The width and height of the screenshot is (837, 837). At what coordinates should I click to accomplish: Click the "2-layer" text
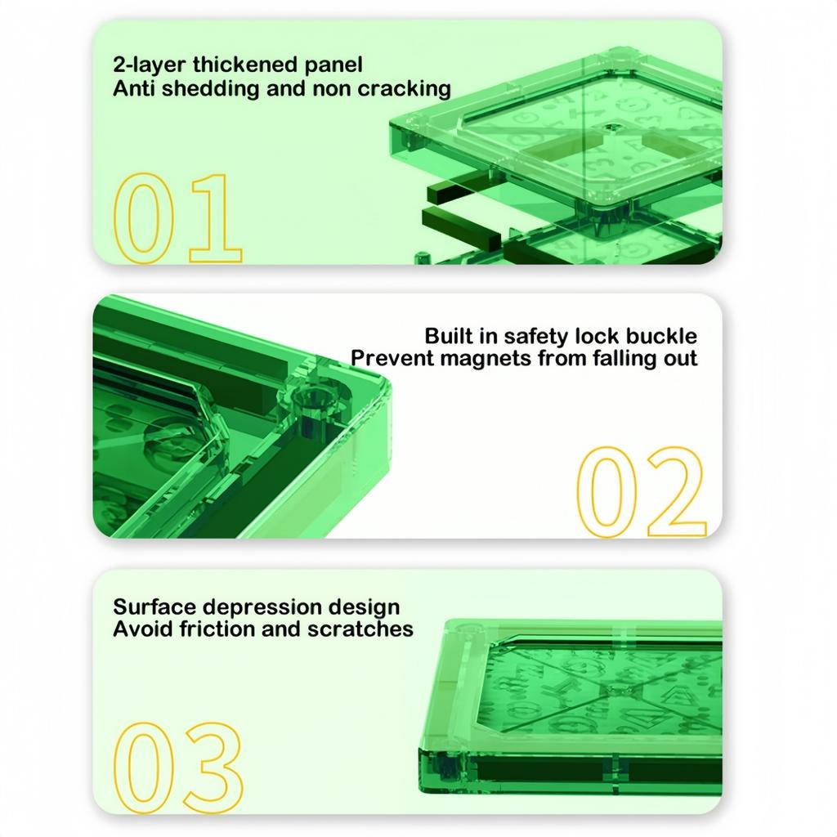click(149, 65)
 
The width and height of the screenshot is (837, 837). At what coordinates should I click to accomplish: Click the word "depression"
click(262, 608)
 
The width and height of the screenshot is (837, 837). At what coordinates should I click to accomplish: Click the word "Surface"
click(154, 607)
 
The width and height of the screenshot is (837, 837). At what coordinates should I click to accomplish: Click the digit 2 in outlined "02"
click(677, 491)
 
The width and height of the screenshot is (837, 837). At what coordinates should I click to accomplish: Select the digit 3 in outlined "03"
click(213, 768)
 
